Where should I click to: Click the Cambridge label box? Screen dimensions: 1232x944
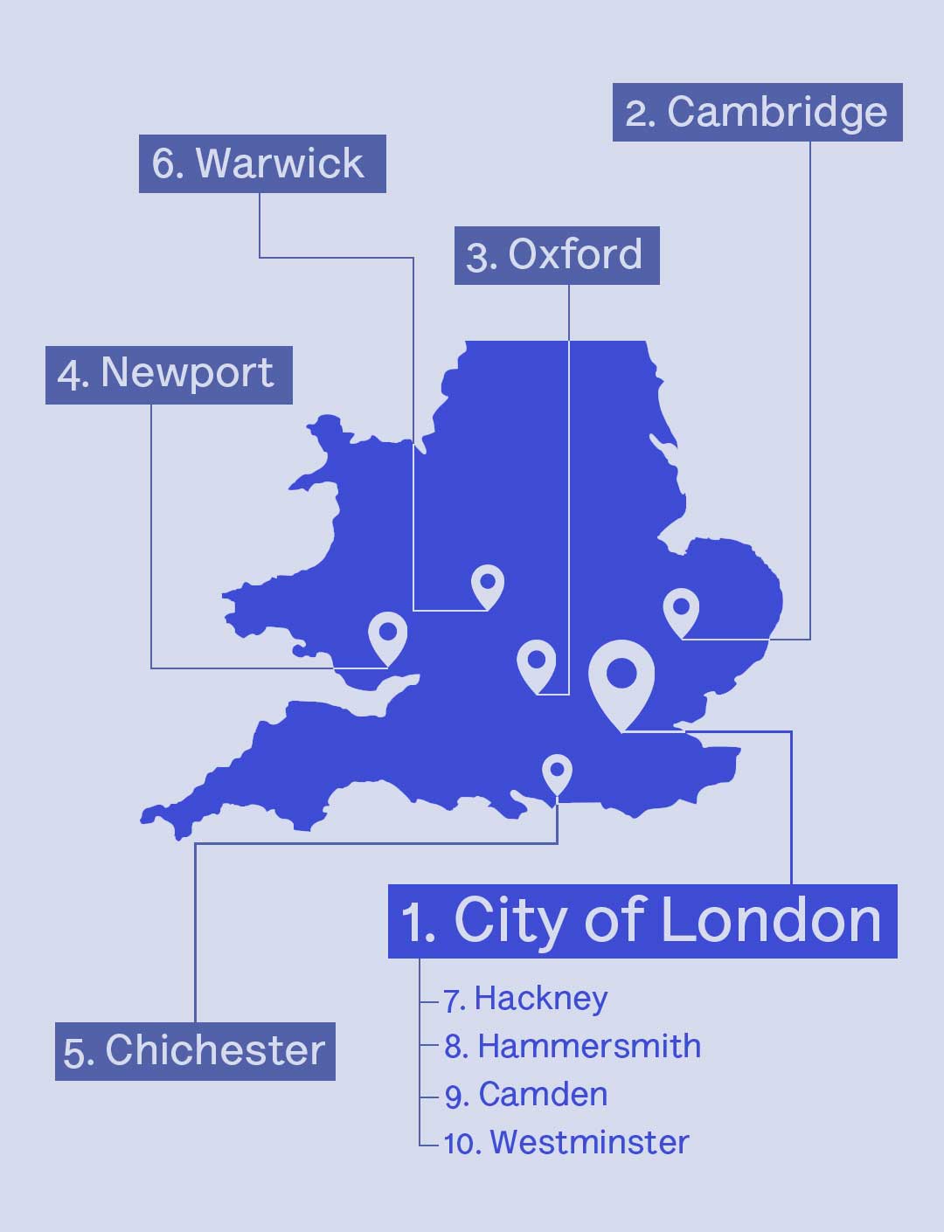[757, 113]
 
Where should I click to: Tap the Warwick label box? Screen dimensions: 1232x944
[262, 163]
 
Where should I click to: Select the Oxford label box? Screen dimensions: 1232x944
[557, 255]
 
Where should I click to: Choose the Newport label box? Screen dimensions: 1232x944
[169, 375]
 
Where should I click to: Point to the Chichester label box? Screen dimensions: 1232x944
[195, 1051]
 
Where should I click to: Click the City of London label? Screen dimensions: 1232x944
[642, 921]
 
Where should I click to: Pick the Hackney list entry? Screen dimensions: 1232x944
[525, 999]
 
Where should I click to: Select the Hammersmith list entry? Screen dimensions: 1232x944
[573, 1047]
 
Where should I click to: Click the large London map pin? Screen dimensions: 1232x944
[621, 677]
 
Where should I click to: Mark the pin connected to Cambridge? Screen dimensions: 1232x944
[681, 608]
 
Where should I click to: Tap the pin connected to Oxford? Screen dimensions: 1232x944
[537, 662]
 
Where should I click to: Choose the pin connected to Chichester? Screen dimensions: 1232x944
[557, 772]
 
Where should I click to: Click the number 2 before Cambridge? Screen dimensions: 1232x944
[639, 114]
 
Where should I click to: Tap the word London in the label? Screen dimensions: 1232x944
[769, 921]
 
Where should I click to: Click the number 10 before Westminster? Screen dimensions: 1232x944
[461, 1144]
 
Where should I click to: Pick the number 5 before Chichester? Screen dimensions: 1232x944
[76, 1053]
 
